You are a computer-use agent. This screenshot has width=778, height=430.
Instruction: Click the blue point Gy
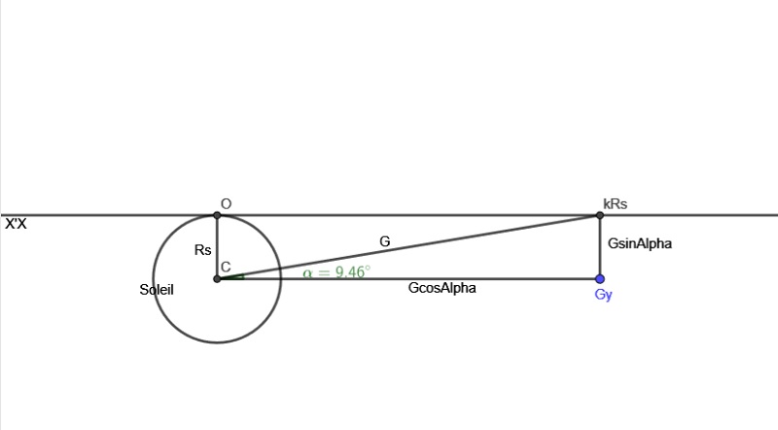599,279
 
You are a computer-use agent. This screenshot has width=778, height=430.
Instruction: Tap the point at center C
217,279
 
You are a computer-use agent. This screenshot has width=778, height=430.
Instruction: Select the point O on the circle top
217,215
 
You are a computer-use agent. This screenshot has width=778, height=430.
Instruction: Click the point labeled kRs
599,215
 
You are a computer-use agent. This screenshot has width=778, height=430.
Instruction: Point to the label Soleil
157,289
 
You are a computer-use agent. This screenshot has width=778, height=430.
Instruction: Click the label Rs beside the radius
202,250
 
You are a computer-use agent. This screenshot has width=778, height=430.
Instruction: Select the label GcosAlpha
442,289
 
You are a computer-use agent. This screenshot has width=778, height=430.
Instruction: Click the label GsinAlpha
639,244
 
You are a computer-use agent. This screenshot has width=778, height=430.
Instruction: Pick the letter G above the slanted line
384,240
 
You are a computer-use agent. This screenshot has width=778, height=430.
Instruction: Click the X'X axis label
16,224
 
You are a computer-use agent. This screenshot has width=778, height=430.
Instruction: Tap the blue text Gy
603,295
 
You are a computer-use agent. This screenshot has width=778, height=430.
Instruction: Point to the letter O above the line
226,203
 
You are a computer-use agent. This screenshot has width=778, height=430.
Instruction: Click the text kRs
615,203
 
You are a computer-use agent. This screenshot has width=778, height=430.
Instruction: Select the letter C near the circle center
225,267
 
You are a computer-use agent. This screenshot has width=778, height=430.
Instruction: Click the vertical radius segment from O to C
217,243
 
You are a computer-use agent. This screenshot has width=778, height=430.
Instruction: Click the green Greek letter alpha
308,273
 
